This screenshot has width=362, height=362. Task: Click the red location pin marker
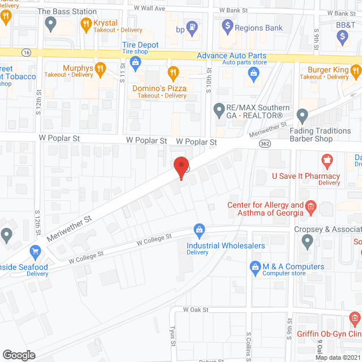pyautogui.click(x=181, y=168)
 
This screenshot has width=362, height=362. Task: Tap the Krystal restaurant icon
pyautogui.click(x=87, y=23)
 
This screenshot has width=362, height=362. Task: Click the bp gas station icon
pyautogui.click(x=193, y=26)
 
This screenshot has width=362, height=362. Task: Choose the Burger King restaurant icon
pyautogui.click(x=355, y=70)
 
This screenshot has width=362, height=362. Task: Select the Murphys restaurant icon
pyautogui.click(x=101, y=69)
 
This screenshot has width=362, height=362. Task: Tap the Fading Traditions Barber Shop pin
pyautogui.click(x=303, y=116)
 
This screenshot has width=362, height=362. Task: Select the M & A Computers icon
pyautogui.click(x=256, y=266)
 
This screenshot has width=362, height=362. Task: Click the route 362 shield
pyautogui.click(x=264, y=144)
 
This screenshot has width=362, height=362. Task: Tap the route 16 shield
pyautogui.click(x=27, y=52)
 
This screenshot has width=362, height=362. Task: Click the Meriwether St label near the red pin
pyautogui.click(x=68, y=227)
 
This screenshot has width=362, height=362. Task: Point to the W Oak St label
pyautogui.click(x=196, y=310)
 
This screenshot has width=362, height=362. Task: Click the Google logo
pyautogui.click(x=19, y=355)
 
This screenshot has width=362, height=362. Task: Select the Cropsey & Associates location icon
pyautogui.click(x=307, y=242)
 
